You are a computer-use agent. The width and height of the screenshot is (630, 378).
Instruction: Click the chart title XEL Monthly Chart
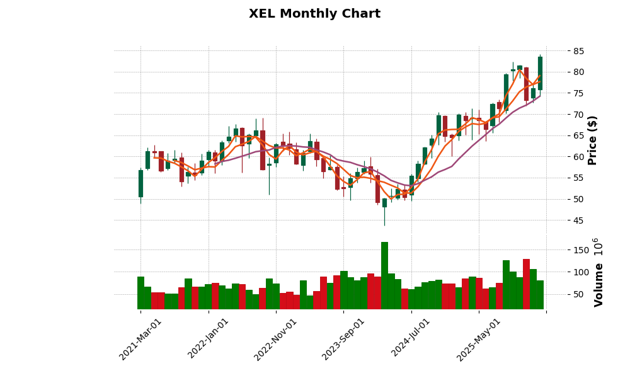click(x=314, y=14)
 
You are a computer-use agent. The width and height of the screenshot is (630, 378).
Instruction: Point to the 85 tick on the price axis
click(x=574, y=51)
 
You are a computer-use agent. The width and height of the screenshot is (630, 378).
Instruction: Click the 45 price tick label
click(x=574, y=220)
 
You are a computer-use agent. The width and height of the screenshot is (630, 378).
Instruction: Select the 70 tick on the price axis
click(x=574, y=115)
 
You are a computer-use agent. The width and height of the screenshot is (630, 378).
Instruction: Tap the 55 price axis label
click(x=574, y=178)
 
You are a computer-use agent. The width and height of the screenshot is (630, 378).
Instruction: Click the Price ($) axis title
click(x=592, y=140)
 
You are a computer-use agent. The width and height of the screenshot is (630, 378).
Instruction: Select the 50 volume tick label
click(x=580, y=294)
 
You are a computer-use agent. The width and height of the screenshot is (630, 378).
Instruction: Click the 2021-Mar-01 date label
click(x=140, y=339)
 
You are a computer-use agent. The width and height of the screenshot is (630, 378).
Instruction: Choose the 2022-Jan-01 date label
click(x=209, y=339)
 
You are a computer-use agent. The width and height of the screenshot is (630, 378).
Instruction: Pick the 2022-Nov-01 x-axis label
click(x=276, y=339)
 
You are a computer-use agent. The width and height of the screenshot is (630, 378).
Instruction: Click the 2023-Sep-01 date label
click(x=343, y=339)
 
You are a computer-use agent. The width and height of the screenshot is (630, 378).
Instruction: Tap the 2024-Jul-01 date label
click(x=411, y=339)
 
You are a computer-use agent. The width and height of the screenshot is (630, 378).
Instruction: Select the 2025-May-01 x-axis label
click(x=479, y=339)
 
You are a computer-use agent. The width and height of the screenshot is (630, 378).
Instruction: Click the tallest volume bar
click(x=384, y=275)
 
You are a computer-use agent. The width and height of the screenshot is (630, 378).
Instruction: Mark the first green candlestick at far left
click(x=140, y=183)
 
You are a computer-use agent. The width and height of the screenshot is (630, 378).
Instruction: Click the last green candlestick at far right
click(x=540, y=73)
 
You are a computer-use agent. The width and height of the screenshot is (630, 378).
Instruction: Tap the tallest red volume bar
click(x=526, y=283)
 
